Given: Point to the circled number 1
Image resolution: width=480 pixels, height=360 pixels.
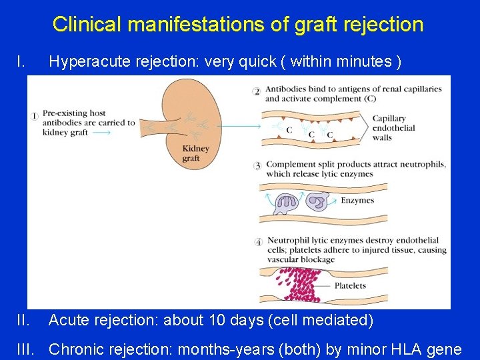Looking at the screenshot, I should (x=35, y=116).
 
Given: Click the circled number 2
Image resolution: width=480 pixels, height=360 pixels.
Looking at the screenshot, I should (x=257, y=91).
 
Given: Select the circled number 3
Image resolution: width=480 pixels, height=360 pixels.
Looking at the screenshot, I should (x=257, y=165).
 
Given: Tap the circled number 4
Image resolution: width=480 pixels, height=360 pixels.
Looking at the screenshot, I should (x=258, y=241).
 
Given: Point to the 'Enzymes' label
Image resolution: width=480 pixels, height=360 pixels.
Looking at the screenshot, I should (x=357, y=200).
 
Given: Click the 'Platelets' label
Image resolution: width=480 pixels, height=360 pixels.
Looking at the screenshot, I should (x=350, y=286).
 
